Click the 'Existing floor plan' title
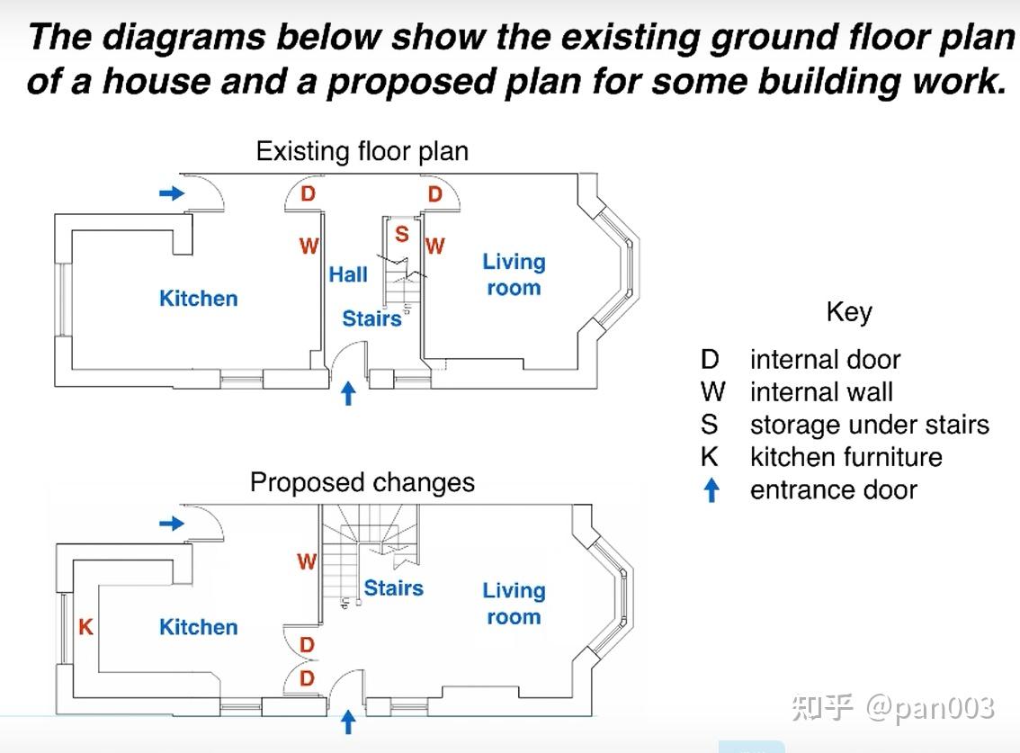(362, 152)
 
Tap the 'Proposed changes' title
(362, 483)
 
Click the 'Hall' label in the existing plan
(348, 274)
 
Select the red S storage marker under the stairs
(402, 234)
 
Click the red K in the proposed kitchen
(85, 627)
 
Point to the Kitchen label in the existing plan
(199, 298)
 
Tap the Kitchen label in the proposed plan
(199, 627)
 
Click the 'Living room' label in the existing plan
(514, 274)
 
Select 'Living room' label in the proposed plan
(514, 604)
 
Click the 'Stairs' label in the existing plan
(372, 318)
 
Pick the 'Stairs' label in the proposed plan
(394, 587)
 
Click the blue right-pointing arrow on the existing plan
(173, 193)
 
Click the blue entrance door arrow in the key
(712, 490)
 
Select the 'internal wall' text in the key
(821, 392)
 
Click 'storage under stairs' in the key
(870, 425)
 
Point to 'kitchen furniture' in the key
(846, 458)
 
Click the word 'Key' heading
(850, 312)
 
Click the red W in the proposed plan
(307, 561)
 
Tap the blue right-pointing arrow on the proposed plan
(173, 524)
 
